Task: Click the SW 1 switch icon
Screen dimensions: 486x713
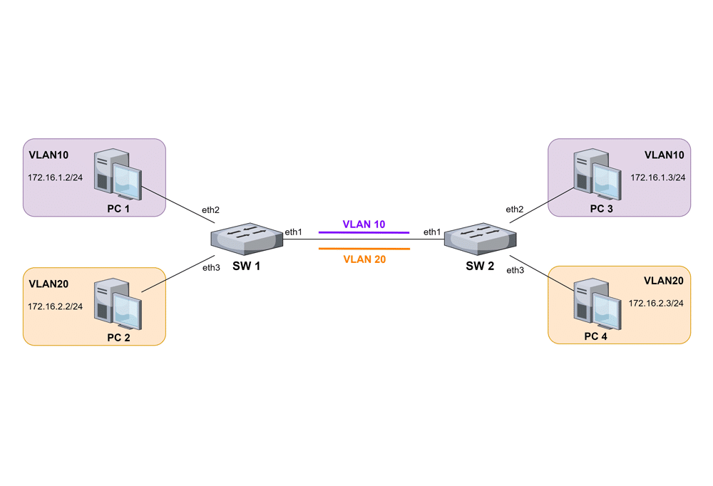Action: pos(248,238)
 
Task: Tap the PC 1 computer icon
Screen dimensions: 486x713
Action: pos(118,175)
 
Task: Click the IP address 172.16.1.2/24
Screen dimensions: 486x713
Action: pos(55,177)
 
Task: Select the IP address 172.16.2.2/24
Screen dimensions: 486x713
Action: pos(55,306)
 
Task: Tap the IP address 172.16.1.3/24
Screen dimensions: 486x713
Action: pos(657,177)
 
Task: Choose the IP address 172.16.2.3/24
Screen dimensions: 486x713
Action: pos(656,303)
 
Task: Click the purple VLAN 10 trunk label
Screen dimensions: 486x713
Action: pos(364,224)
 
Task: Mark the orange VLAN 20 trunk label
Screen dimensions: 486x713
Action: pos(364,259)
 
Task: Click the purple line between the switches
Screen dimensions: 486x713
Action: pos(364,232)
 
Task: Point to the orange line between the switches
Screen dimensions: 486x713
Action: pos(364,249)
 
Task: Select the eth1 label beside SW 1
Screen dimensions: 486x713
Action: pos(293,232)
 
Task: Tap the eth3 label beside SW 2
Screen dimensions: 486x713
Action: pos(515,270)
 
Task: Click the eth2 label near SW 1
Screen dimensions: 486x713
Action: pos(210,210)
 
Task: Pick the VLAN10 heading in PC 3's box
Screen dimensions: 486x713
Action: pos(664,155)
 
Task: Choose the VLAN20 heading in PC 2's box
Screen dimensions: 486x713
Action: pos(48,284)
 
